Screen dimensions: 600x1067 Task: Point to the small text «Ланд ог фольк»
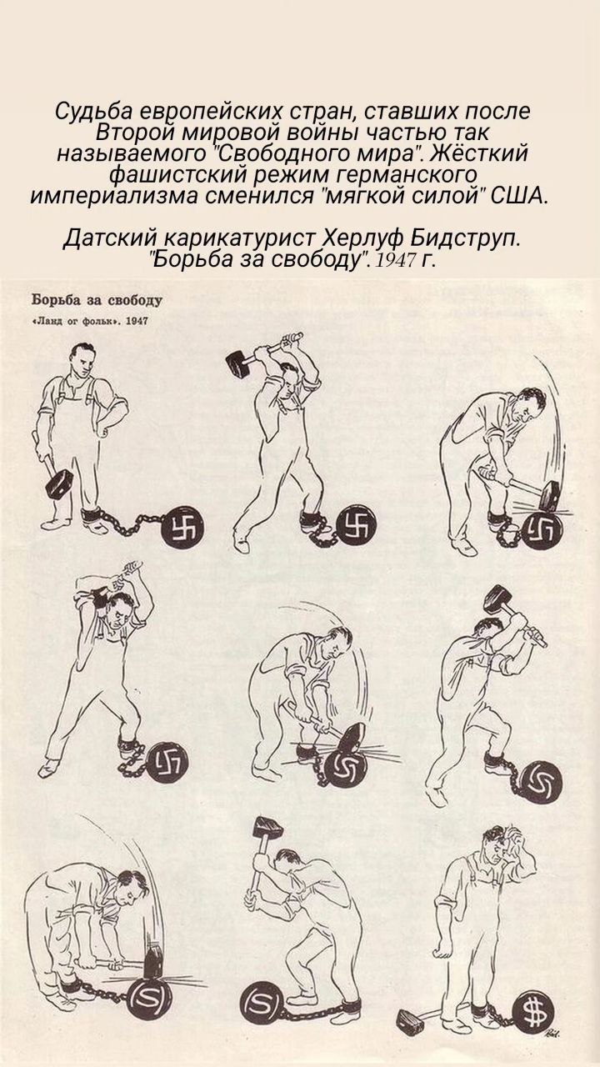pyautogui.click(x=75, y=321)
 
